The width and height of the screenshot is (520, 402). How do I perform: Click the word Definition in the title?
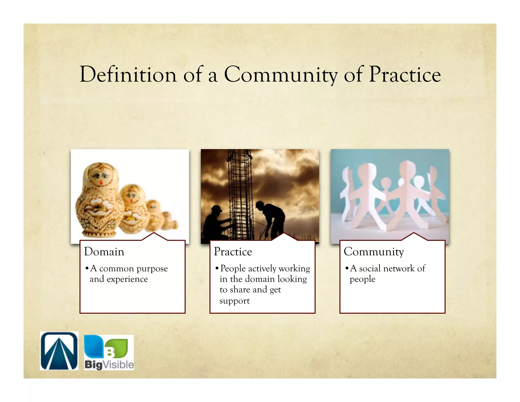pyautogui.click(x=128, y=74)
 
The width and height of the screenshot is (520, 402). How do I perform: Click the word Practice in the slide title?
pyautogui.click(x=405, y=74)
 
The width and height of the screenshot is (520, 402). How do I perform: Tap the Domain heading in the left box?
pyautogui.click(x=104, y=252)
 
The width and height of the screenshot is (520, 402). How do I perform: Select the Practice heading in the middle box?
pyautogui.click(x=233, y=252)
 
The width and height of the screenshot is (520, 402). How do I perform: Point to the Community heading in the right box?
pyautogui.click(x=373, y=252)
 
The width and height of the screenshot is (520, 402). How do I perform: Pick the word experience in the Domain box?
pyautogui.click(x=127, y=279)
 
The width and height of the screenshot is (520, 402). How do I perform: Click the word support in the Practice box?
pyautogui.click(x=235, y=301)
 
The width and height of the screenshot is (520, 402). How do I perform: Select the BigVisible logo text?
pyautogui.click(x=109, y=365)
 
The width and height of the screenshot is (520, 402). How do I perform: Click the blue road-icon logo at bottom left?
pyautogui.click(x=59, y=351)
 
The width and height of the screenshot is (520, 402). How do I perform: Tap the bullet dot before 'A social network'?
pyautogui.click(x=347, y=268)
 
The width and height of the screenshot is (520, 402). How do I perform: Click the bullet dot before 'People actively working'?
pyautogui.click(x=217, y=268)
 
